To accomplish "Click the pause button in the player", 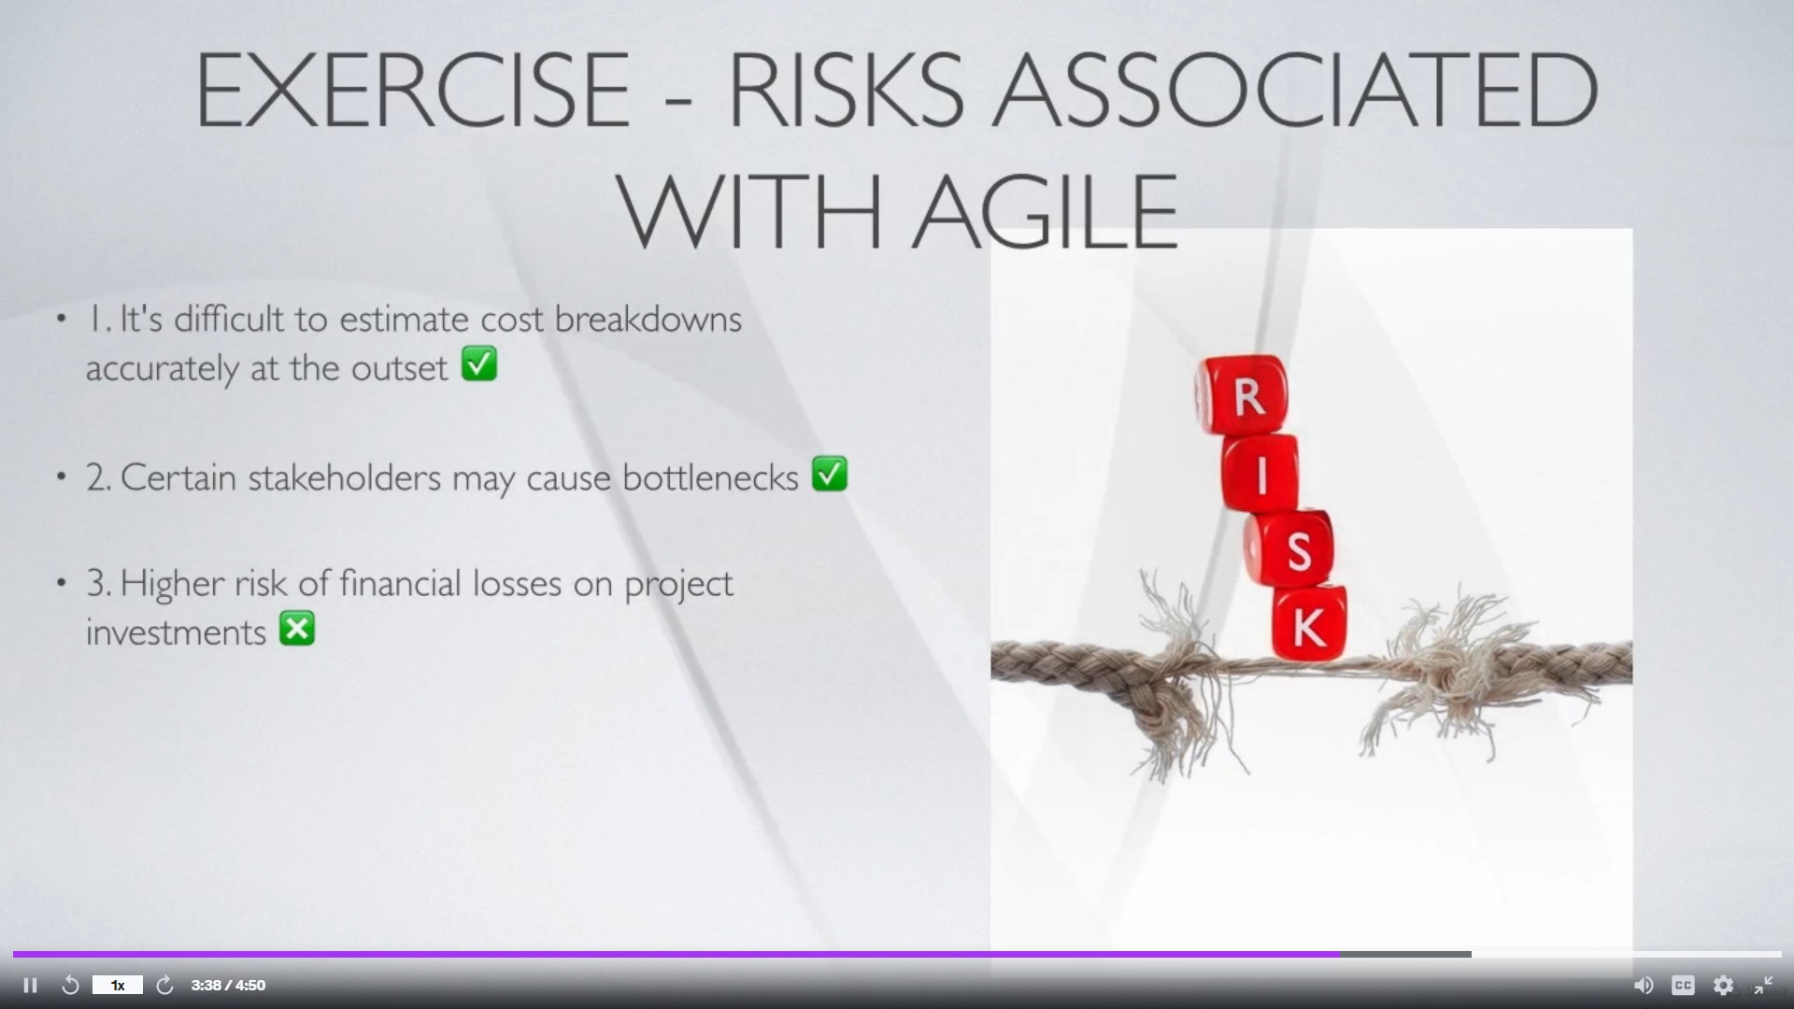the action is click(x=30, y=986).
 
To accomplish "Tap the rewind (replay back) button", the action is click(x=70, y=986).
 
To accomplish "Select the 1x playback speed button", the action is click(x=118, y=986).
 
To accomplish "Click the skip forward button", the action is click(x=164, y=986).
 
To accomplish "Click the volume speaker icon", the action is click(x=1643, y=986).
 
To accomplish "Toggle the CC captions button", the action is click(x=1683, y=986).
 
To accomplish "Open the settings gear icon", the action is click(x=1723, y=986).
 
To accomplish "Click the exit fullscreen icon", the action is click(x=1763, y=986).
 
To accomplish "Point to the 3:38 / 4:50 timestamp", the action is click(x=228, y=986).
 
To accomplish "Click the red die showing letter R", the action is click(x=1244, y=395).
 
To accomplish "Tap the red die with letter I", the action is click(x=1260, y=473).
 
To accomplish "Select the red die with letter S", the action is click(x=1290, y=548).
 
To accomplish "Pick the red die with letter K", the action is click(x=1309, y=623).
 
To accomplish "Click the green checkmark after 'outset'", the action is click(x=479, y=364).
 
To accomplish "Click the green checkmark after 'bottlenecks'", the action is click(x=830, y=474).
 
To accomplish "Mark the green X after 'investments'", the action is click(x=297, y=629).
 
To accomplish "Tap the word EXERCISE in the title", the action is click(x=412, y=90).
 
